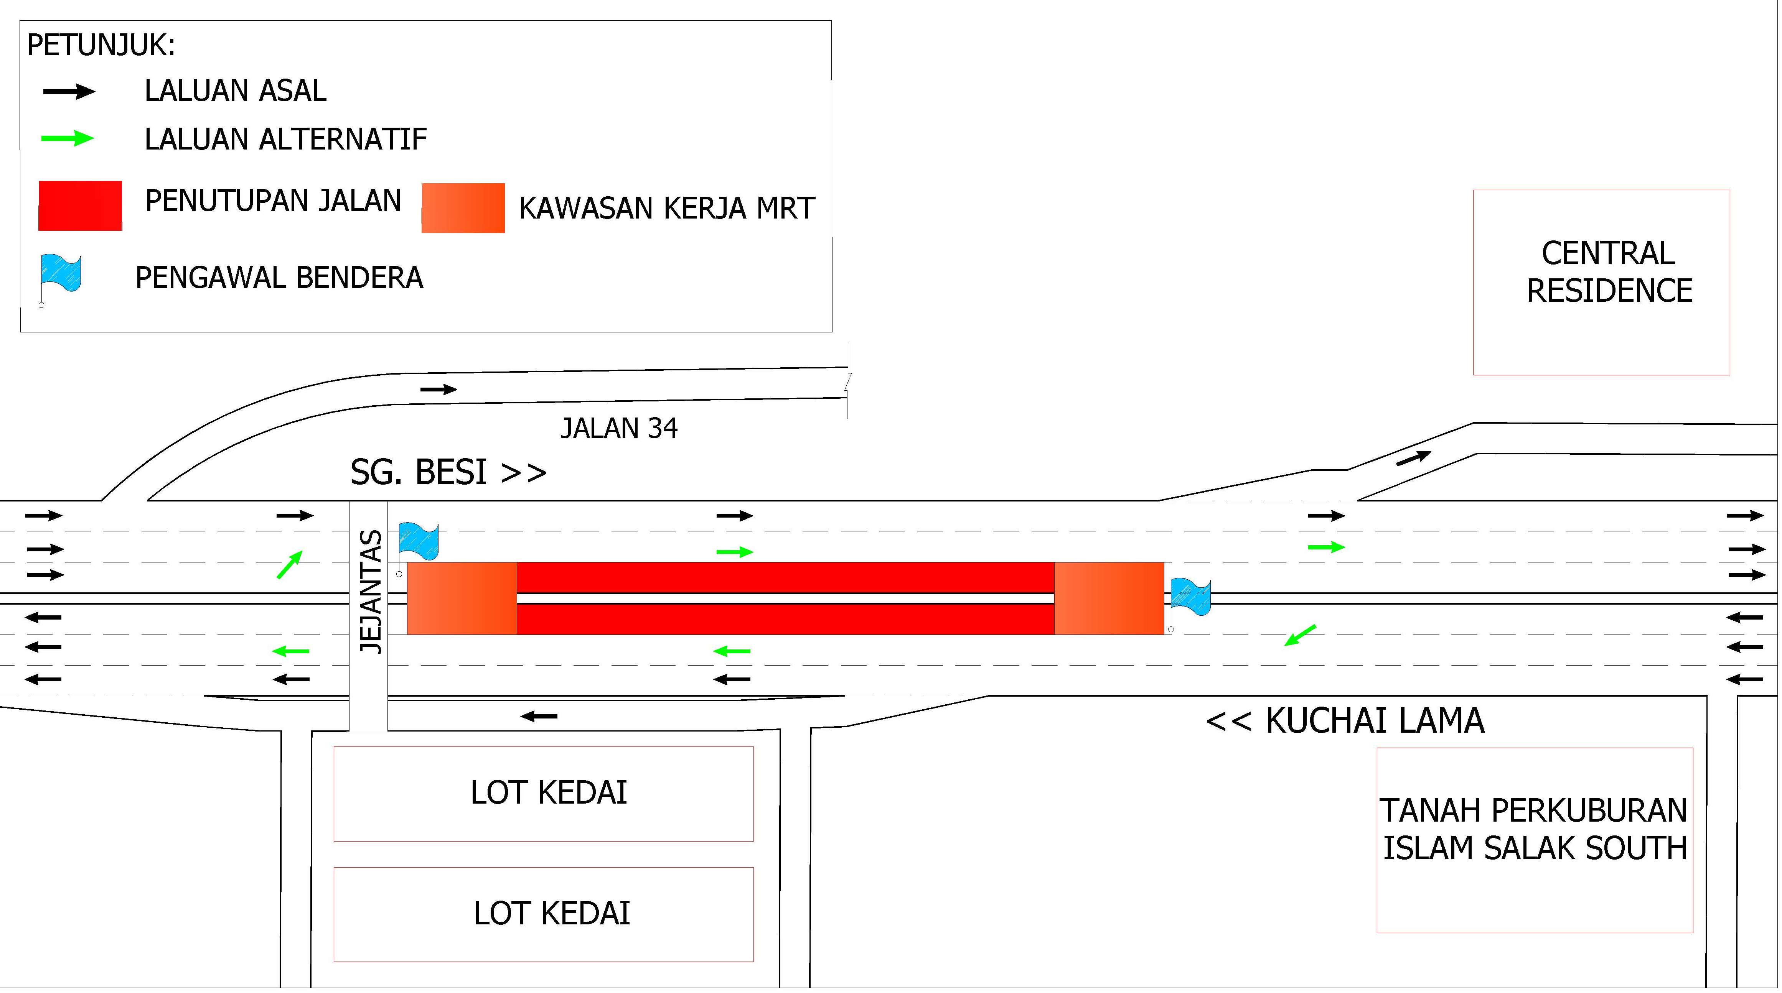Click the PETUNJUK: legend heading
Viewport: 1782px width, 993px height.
coord(101,46)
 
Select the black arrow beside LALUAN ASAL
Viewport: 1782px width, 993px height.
coord(69,91)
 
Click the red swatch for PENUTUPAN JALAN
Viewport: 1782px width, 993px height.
coord(80,206)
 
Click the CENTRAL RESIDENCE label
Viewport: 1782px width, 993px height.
coord(1609,272)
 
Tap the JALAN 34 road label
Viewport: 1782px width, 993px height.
coord(619,429)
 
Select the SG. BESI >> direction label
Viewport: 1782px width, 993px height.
coord(448,472)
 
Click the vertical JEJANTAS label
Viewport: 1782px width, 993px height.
coord(371,591)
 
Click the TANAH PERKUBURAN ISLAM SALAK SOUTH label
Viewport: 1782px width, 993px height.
coord(1534,829)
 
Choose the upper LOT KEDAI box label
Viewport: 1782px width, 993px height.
coord(549,792)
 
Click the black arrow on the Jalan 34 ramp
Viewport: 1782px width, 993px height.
coord(438,389)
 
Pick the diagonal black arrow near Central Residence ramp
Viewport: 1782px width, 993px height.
coord(1413,458)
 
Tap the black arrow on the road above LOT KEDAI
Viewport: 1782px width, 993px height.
coord(539,717)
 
